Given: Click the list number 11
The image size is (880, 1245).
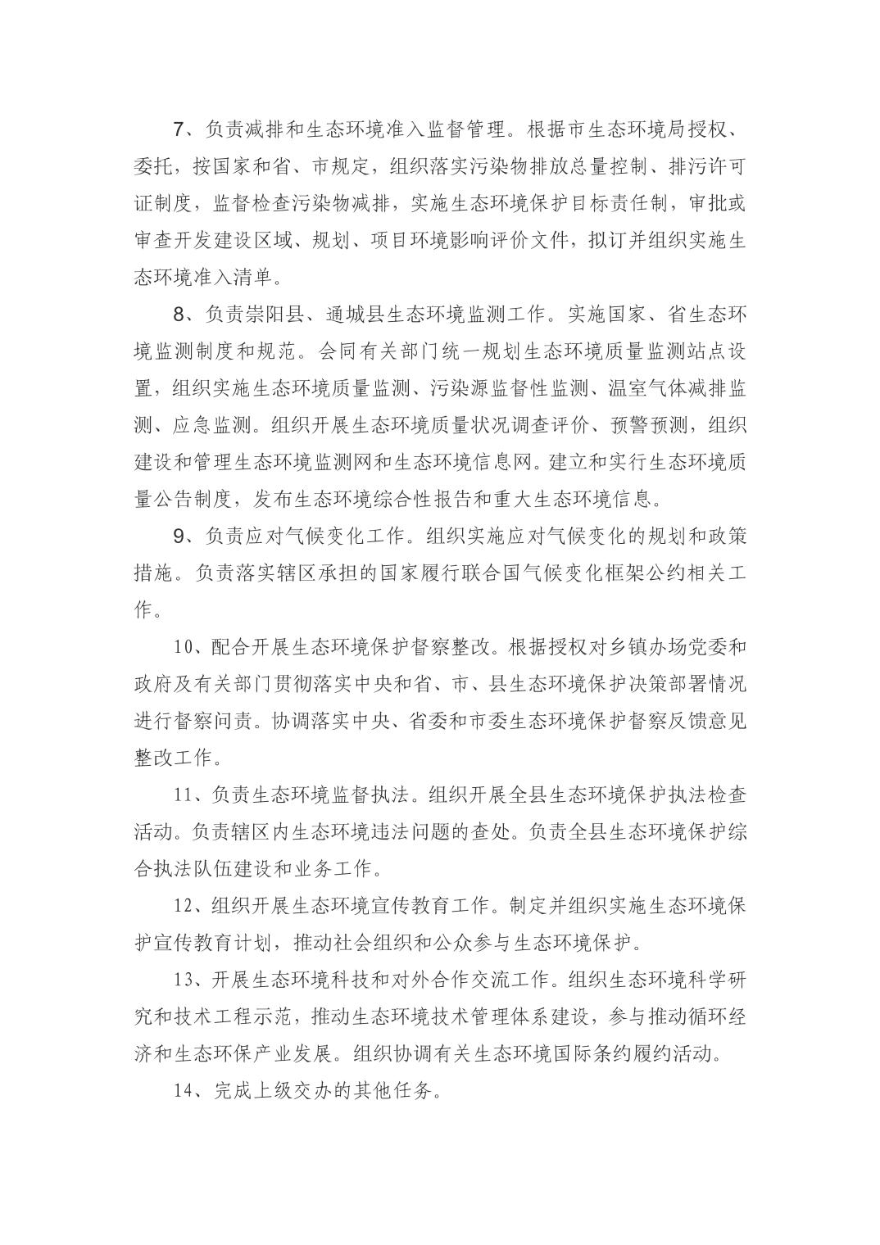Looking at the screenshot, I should pyautogui.click(x=185, y=795).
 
